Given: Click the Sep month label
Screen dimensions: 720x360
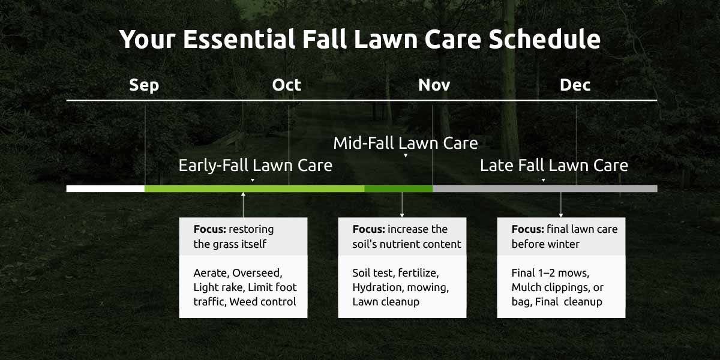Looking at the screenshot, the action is pos(144,85).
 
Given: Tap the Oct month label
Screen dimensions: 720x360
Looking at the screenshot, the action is pos(286,85).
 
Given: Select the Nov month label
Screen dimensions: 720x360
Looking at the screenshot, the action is pos(434,85).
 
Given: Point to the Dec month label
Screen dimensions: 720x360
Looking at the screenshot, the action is pos(575,85).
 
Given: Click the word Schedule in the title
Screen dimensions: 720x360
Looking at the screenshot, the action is pos(544,39).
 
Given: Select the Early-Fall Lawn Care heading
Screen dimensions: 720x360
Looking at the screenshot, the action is pos(255,166).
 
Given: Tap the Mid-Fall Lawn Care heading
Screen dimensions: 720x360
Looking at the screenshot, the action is pos(406,143).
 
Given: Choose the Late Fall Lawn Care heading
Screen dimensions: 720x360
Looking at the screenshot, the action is pos(554,166).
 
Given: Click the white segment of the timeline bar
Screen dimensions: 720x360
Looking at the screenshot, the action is pos(106,188).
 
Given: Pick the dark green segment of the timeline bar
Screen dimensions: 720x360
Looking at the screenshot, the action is pos(398,188).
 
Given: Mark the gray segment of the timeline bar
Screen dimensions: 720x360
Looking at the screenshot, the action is pos(545,188).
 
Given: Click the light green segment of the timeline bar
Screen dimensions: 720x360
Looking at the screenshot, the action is pos(254,188).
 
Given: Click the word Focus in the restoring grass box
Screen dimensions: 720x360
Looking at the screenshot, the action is pos(210,229).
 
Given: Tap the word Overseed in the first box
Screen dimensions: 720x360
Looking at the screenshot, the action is pos(257,273).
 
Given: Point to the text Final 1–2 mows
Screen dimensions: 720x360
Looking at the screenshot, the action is pos(550,273).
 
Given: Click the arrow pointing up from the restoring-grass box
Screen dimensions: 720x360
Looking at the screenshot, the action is pos(243,205).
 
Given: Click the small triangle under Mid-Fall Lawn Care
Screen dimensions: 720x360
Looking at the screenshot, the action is pos(406,155).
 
